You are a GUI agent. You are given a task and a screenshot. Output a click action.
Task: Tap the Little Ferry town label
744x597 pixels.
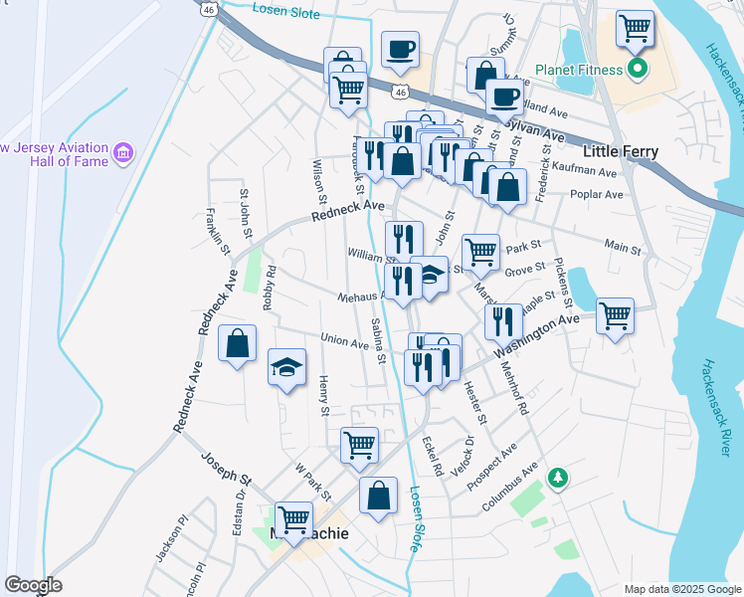pos(620,151)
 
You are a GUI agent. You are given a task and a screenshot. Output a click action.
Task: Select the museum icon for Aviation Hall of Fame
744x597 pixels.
pos(123,152)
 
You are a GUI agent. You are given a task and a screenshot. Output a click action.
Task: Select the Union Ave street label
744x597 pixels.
pos(344,341)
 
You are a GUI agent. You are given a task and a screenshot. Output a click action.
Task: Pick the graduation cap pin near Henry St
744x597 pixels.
pos(286,367)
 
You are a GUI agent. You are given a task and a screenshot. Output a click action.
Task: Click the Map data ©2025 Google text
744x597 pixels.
pos(681,589)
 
